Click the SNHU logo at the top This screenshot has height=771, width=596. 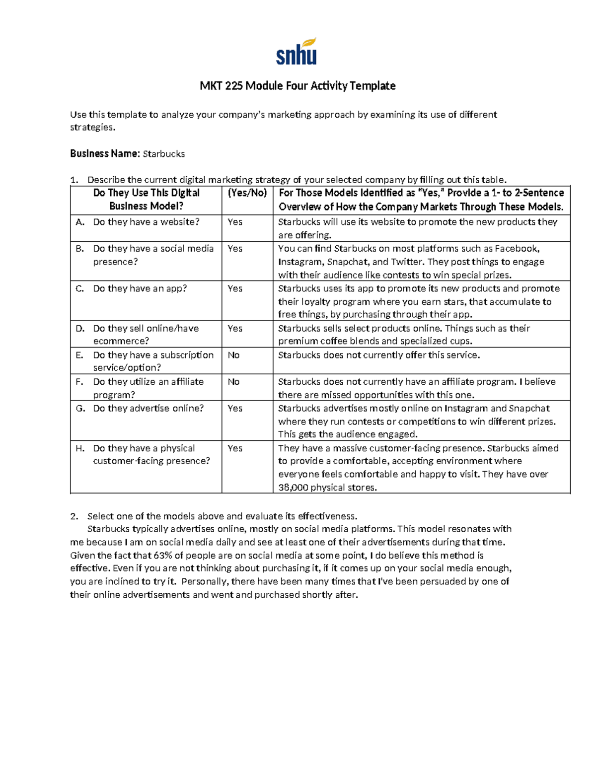tap(297, 52)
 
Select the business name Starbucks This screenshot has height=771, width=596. tap(164, 154)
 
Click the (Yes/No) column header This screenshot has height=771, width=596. tap(247, 193)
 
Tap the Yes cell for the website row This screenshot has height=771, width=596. tap(235, 222)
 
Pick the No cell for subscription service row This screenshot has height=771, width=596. tap(233, 355)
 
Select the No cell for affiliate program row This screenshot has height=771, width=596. tap(233, 382)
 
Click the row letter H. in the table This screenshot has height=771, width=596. tap(80, 448)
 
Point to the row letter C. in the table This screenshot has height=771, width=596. tap(80, 288)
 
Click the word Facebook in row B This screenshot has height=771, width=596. tap(517, 249)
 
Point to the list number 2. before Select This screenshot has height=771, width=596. tap(74, 516)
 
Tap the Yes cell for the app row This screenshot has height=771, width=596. tap(235, 288)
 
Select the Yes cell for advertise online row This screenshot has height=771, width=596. tap(235, 409)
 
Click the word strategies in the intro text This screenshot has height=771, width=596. tap(92, 128)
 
